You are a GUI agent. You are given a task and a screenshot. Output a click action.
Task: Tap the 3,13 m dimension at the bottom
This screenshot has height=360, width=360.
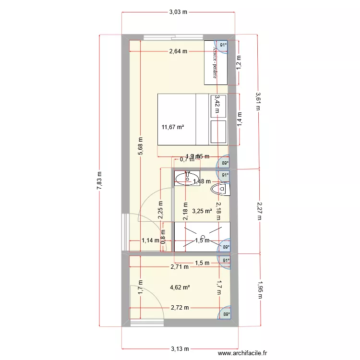(x=178, y=349)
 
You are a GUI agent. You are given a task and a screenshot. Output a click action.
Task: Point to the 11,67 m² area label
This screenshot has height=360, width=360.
(x=173, y=127)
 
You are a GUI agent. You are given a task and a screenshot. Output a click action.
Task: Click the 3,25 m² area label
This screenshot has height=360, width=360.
(x=202, y=211)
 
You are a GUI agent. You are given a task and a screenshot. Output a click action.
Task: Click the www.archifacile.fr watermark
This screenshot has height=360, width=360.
(x=242, y=353)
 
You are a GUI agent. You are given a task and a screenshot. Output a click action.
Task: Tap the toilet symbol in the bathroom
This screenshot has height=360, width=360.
(x=221, y=190)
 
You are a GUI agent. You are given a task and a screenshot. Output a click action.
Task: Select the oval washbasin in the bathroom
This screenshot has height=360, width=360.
(x=184, y=180)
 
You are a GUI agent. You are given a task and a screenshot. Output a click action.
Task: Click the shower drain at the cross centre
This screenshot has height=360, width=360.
(x=203, y=238)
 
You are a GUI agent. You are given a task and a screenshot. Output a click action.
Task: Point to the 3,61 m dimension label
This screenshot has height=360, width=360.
(x=258, y=101)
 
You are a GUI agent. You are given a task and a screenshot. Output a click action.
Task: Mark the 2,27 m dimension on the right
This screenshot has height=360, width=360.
(x=259, y=210)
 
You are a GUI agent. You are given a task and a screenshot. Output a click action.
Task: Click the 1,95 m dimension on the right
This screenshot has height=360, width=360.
(x=260, y=289)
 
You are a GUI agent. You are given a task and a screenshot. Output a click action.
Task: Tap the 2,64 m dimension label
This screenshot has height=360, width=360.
(x=178, y=52)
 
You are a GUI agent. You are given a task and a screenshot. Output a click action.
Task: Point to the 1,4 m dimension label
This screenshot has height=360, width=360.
(x=239, y=118)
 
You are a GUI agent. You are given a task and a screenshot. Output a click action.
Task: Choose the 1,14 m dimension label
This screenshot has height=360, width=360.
(x=150, y=240)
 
